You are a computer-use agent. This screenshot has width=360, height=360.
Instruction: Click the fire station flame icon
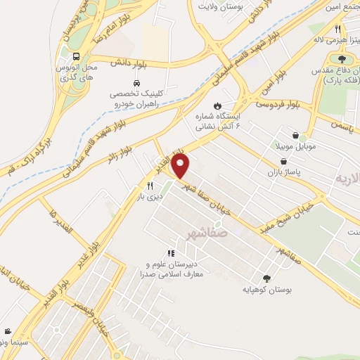tap(226, 99)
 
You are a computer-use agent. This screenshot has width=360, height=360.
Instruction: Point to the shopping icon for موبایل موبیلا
tap(296, 135)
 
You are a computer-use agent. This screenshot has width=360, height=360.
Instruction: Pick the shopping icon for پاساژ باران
tap(283, 161)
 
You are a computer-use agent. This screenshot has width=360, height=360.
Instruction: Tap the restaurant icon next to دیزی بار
tap(150, 185)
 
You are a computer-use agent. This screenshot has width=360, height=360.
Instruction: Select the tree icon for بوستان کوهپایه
tap(266, 278)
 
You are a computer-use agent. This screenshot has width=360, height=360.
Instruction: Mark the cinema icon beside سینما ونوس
tap(7, 331)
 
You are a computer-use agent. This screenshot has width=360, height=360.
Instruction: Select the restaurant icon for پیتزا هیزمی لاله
tap(338, 30)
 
